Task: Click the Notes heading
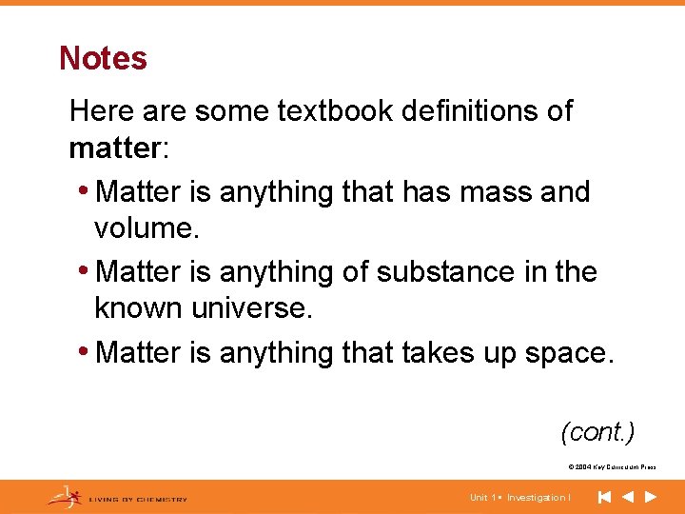tap(103, 58)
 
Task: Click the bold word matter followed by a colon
tap(112, 148)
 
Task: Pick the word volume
tap(143, 229)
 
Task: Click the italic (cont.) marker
tap(597, 432)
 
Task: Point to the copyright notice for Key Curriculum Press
tap(611, 467)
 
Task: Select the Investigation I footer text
tap(538, 498)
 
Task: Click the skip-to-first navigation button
tap(604, 497)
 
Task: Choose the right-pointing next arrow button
tap(651, 497)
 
